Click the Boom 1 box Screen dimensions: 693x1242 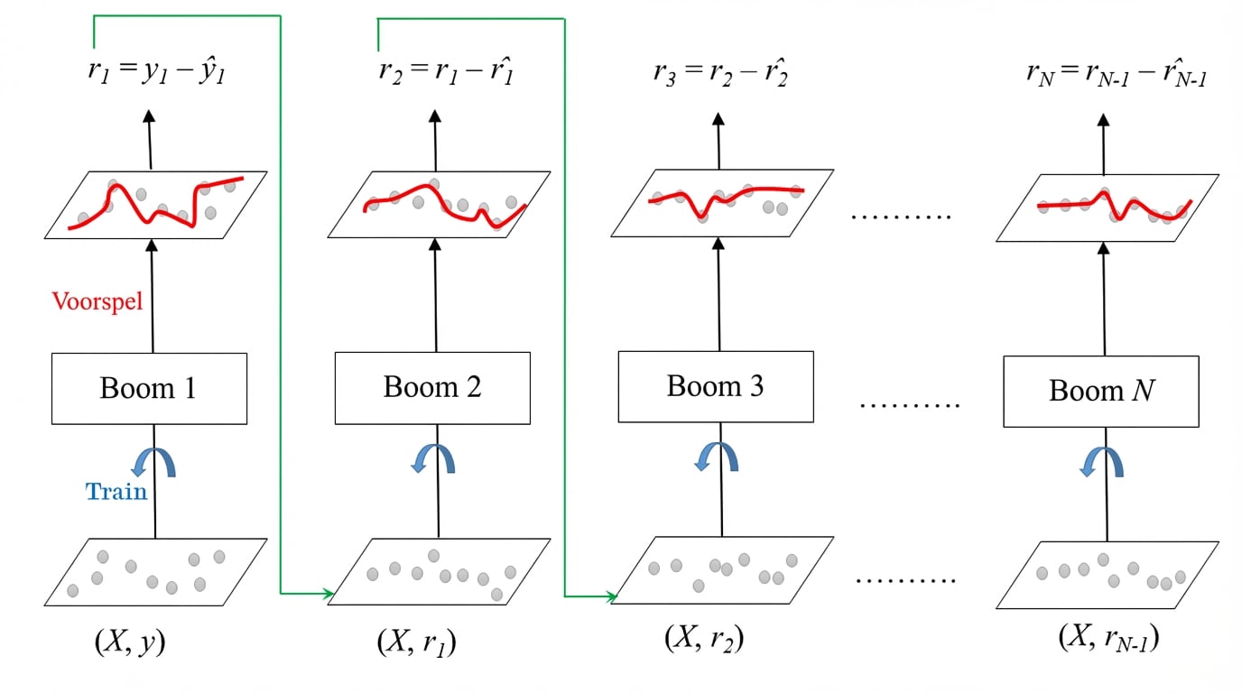click(149, 389)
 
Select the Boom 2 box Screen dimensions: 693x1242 click(432, 388)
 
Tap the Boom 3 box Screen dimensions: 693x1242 click(715, 386)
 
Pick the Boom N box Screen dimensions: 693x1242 click(1100, 392)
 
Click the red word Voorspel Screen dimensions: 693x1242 click(97, 301)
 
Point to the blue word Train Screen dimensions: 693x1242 click(116, 492)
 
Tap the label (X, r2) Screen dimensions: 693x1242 click(704, 637)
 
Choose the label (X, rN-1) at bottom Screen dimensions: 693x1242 click(1108, 638)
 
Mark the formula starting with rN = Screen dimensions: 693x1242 click(1117, 75)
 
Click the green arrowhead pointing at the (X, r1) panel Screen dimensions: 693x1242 click(327, 593)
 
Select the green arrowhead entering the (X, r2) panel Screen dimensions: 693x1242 click(611, 596)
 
